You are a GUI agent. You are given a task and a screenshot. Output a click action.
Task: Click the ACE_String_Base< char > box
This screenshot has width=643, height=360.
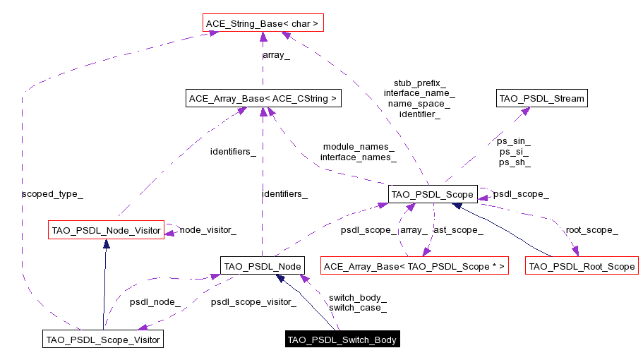coord(263,24)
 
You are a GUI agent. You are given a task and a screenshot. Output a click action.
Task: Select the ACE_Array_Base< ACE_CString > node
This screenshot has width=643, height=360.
coord(263,99)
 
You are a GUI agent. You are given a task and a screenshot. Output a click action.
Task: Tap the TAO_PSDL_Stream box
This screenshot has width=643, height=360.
coord(541,99)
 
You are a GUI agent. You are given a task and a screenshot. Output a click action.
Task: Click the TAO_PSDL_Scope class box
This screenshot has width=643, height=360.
coord(432,193)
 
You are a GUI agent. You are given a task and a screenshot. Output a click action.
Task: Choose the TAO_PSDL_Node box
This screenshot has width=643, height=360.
coord(262,266)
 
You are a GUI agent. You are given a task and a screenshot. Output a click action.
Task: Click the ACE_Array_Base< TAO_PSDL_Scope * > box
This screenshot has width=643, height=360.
coord(414,266)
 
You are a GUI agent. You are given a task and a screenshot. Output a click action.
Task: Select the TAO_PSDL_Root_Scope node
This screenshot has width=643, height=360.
coord(582,266)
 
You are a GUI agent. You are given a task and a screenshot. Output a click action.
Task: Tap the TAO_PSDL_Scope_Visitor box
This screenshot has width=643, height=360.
coord(103,340)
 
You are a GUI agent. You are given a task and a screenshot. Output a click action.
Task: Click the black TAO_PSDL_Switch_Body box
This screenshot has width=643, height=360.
coord(342,340)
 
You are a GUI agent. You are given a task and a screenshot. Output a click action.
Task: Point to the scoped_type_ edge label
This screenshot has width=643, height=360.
coord(47,193)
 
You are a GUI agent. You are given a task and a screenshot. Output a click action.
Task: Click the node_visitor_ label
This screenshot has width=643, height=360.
coord(208,229)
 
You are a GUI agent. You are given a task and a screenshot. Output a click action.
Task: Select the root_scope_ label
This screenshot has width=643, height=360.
coord(591,229)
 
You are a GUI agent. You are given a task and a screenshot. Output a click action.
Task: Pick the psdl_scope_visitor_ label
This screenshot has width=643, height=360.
coord(253,302)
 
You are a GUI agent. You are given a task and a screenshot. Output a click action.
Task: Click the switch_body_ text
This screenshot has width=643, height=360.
coord(357,297)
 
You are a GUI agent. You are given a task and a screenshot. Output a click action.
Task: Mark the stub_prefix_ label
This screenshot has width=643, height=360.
coord(419,83)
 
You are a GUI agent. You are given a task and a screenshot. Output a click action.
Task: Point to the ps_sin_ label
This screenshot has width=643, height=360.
coord(514,141)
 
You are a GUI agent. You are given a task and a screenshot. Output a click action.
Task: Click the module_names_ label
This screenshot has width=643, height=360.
coord(358,146)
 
